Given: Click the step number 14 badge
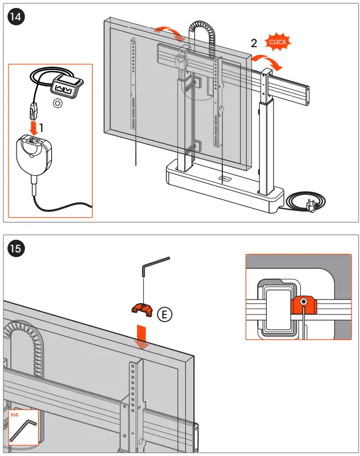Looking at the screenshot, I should click(x=15, y=17).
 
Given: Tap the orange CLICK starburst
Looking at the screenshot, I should click(x=278, y=42).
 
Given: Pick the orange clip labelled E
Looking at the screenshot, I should click(x=141, y=309).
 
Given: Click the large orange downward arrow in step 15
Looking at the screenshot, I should click(x=141, y=335).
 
